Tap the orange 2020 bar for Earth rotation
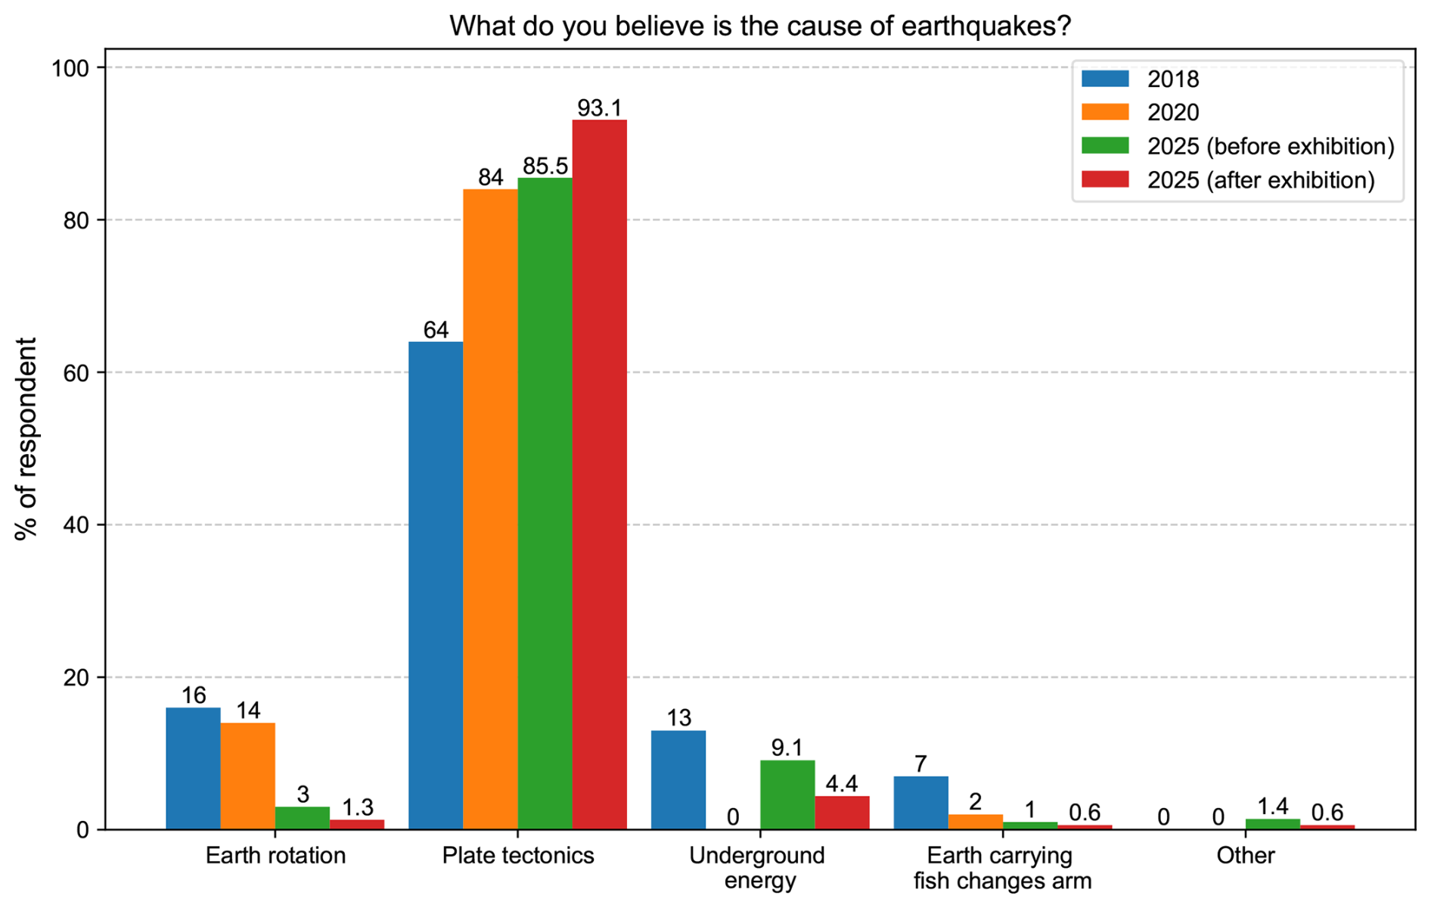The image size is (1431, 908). tap(247, 776)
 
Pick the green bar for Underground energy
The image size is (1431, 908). tap(787, 794)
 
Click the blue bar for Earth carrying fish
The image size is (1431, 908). tap(920, 803)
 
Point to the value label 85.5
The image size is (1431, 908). tap(545, 166)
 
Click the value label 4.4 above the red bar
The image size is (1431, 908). tap(841, 784)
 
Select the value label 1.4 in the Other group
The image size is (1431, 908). tap(1272, 807)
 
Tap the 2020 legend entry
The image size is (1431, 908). tap(1173, 113)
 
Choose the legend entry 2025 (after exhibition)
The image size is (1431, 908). tap(1260, 180)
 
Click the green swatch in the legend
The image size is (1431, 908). tap(1105, 146)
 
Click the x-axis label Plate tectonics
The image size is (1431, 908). tap(518, 856)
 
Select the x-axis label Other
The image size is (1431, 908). tap(1245, 856)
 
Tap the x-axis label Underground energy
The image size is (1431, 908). tap(757, 868)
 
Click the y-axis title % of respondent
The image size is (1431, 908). tap(26, 439)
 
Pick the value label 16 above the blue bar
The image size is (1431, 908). tap(194, 695)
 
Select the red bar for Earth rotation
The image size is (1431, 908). tap(357, 825)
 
